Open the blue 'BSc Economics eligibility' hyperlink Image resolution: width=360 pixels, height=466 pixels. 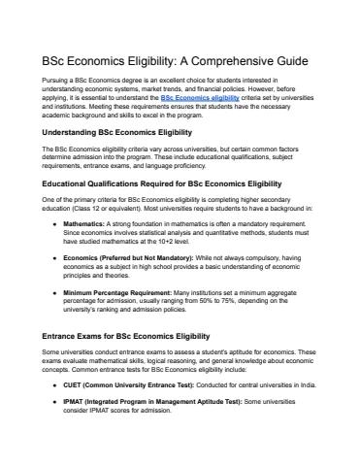click(x=200, y=98)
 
